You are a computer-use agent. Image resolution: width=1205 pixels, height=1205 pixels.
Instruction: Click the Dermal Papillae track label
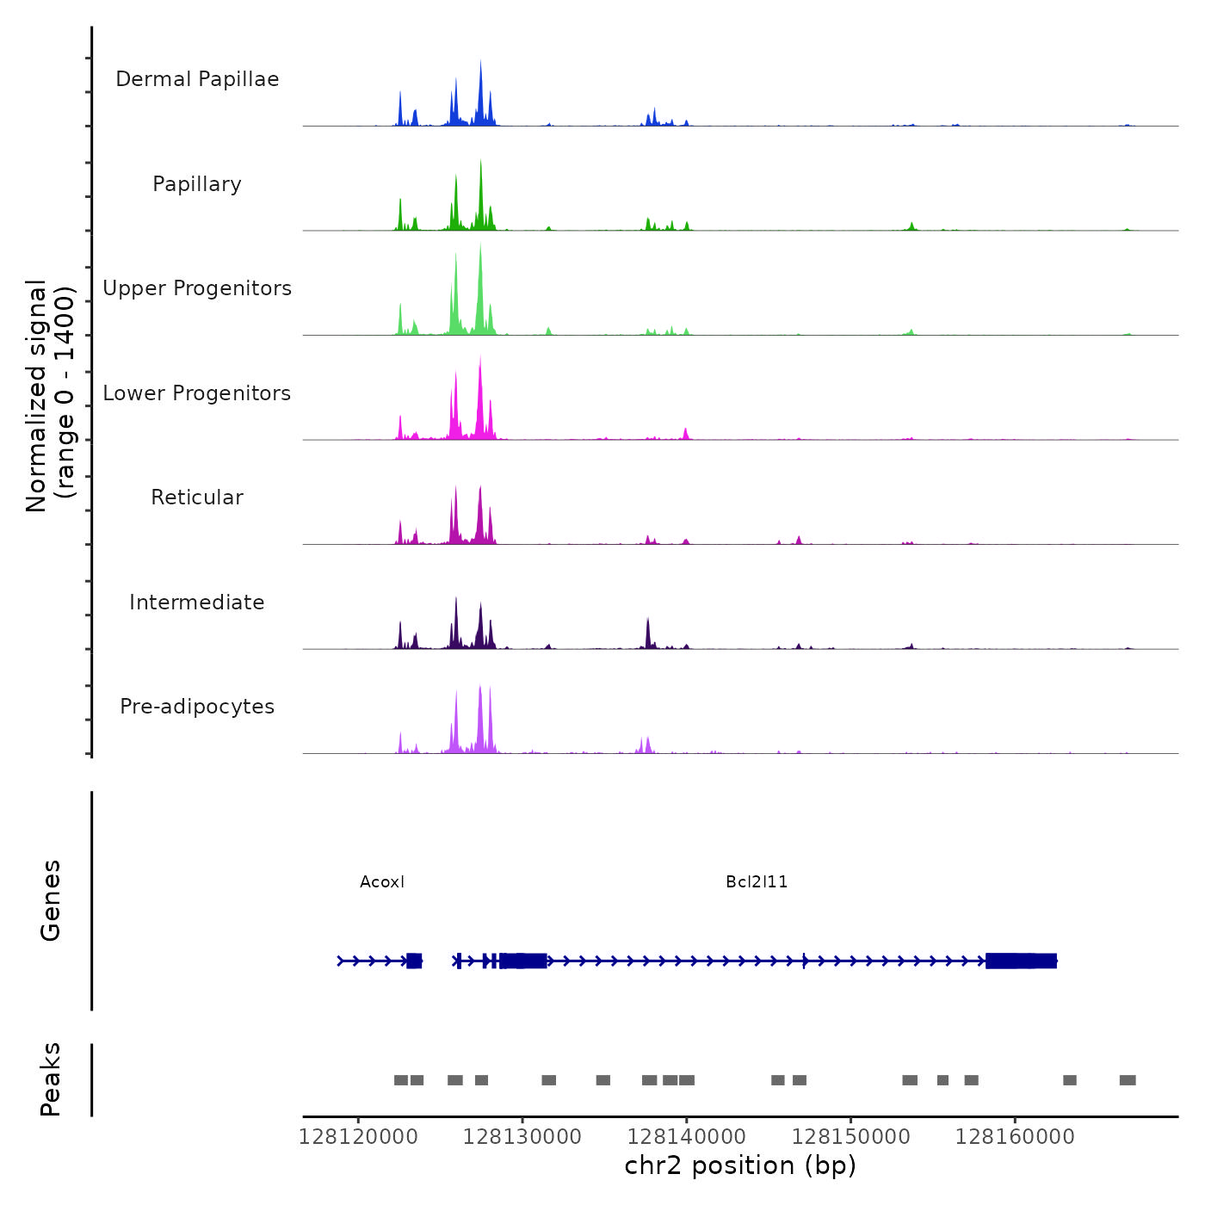tap(197, 79)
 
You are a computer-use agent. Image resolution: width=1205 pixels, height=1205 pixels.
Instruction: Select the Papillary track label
tap(197, 184)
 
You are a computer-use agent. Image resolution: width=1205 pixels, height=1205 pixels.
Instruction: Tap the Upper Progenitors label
tap(197, 288)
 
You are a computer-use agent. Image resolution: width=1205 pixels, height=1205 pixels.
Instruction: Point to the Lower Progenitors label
tap(197, 393)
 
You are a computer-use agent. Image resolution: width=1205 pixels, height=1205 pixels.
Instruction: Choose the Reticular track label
tap(197, 497)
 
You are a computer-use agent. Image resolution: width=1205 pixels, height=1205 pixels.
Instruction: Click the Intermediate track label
tap(197, 602)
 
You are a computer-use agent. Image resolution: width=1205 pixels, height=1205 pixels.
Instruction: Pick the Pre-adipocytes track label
tap(197, 707)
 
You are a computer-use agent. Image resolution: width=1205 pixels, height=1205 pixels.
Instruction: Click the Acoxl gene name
tap(382, 882)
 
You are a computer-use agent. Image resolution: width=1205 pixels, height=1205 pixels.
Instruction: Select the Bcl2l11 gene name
tap(757, 882)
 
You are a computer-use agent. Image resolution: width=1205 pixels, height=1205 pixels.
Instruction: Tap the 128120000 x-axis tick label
tap(358, 1137)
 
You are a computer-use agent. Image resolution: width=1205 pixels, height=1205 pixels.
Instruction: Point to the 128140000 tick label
tap(687, 1137)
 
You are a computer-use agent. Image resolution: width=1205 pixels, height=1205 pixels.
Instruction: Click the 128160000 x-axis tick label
tap(1015, 1137)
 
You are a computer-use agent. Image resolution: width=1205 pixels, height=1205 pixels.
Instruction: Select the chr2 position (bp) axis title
tap(740, 1166)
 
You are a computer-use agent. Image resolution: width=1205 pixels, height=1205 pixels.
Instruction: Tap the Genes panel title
tap(51, 900)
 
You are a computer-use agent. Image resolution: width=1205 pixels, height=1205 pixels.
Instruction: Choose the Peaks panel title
tap(51, 1079)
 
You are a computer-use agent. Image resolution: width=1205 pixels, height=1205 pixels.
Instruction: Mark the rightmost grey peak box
tap(1128, 1080)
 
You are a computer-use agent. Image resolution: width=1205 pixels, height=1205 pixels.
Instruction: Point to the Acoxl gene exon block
tap(414, 961)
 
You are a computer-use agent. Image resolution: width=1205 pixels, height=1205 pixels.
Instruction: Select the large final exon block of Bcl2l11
tap(1021, 961)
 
